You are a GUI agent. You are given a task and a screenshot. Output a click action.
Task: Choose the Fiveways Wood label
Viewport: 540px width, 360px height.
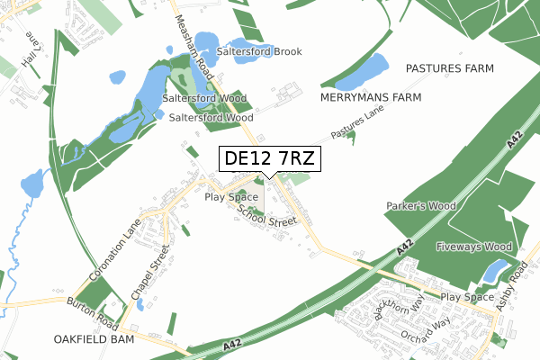point(473,246)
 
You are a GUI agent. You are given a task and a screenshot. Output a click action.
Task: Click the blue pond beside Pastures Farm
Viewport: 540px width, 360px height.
point(373,66)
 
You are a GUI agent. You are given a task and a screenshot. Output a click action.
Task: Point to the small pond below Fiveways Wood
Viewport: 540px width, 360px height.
point(495,269)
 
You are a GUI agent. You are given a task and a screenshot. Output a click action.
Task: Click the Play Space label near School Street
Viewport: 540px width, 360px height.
point(231,196)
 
